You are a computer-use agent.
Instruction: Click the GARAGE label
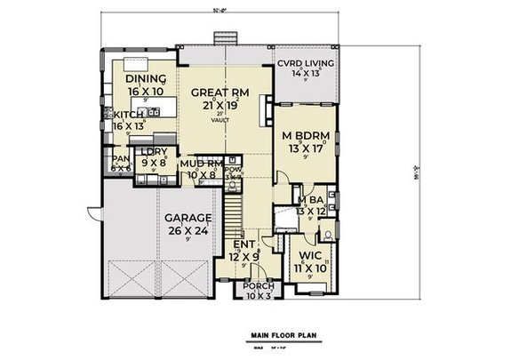[x=186, y=218]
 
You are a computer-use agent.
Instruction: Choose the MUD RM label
[x=201, y=164]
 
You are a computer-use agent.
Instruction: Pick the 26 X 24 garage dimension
[x=186, y=229]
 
